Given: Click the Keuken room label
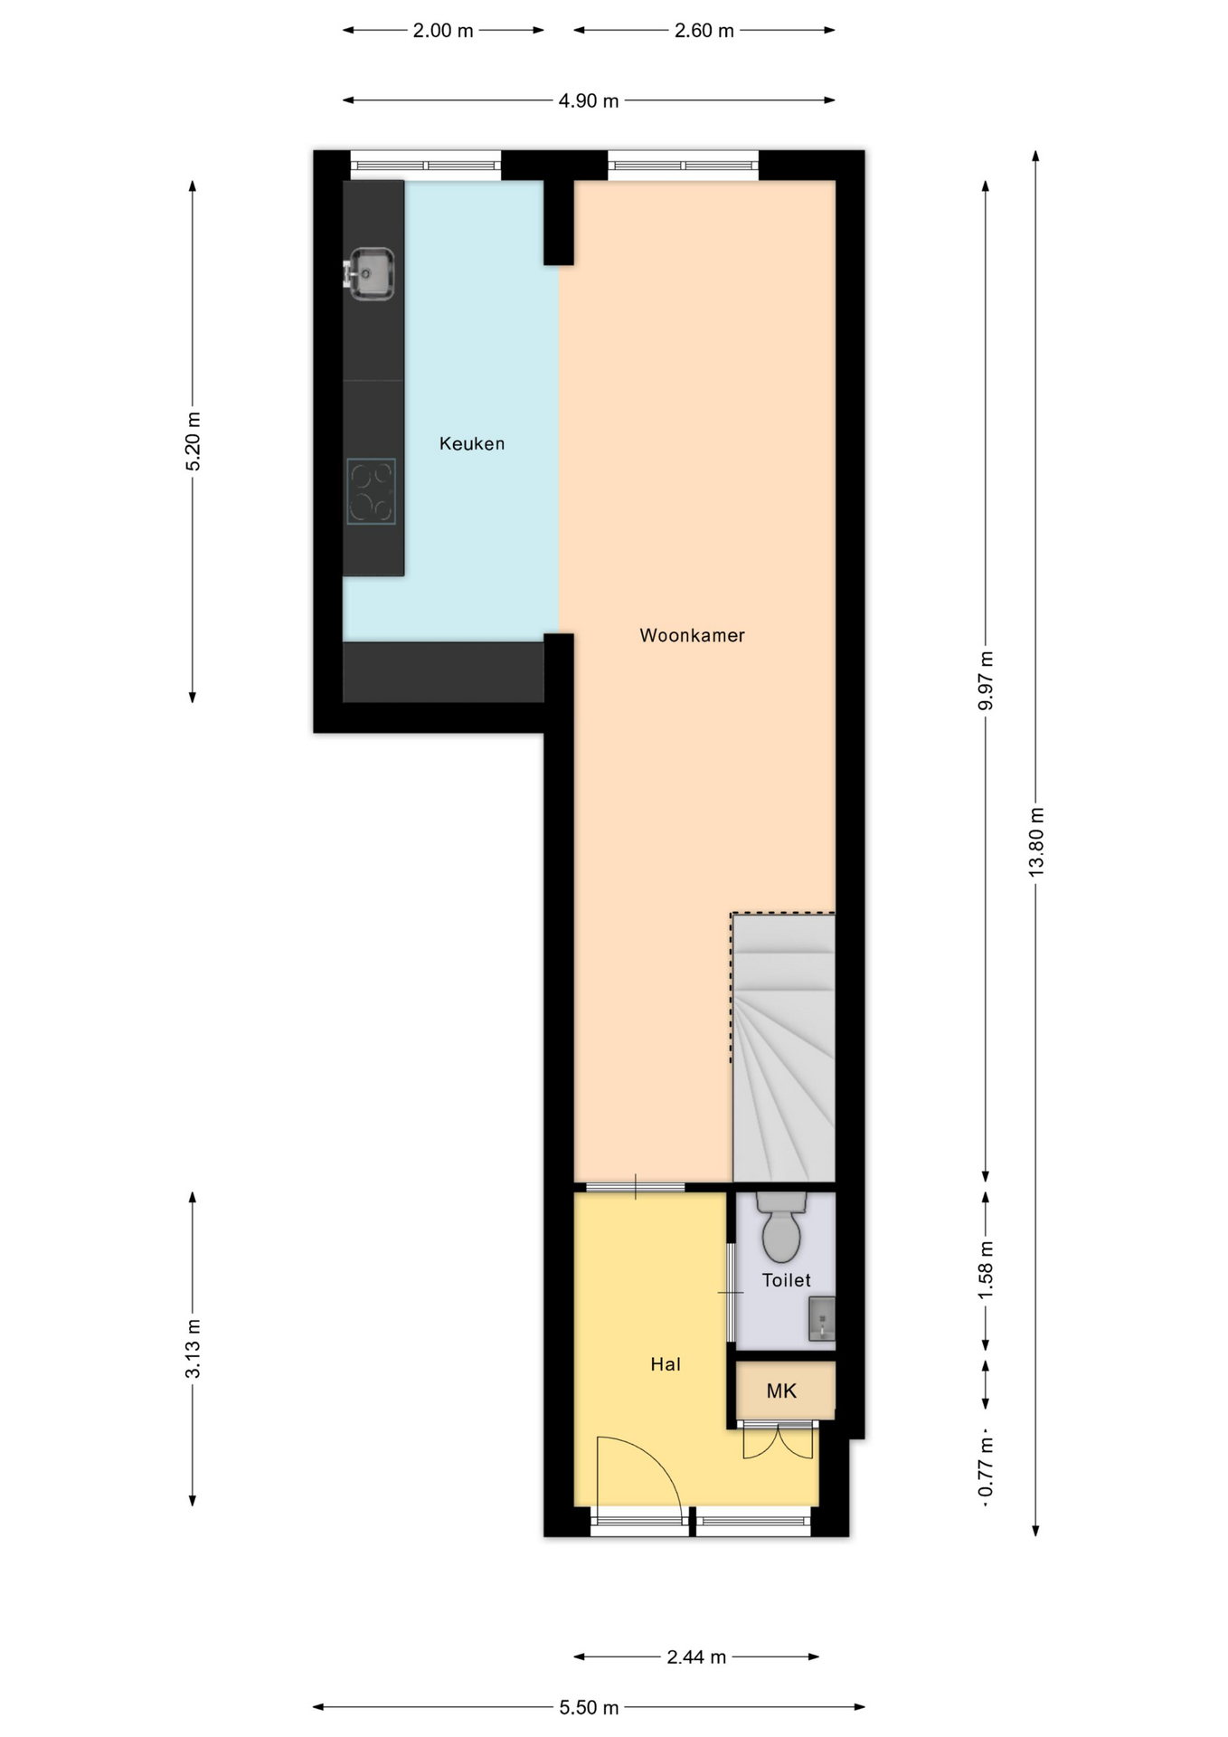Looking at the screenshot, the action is (471, 443).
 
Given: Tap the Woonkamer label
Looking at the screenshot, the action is (692, 635).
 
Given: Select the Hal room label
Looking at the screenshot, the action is (665, 1364).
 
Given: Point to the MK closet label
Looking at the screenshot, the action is (781, 1391).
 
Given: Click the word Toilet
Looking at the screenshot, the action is (786, 1280).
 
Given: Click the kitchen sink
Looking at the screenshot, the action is (369, 273).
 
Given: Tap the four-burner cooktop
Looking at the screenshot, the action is (371, 491).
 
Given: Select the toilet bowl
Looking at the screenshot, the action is (781, 1227).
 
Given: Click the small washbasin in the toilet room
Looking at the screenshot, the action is (821, 1318).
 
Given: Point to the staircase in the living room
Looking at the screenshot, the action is (783, 1048).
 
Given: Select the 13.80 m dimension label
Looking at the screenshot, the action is (1036, 840).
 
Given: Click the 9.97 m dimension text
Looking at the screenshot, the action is (986, 680).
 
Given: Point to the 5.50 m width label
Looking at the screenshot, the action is (589, 1707).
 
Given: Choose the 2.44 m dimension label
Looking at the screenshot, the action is (696, 1657).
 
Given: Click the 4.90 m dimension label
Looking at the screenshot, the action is (589, 101).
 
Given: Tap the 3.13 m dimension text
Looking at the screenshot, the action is (193, 1348).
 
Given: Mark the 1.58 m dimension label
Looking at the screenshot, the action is (986, 1270).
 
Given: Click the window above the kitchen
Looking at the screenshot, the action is (425, 166).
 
